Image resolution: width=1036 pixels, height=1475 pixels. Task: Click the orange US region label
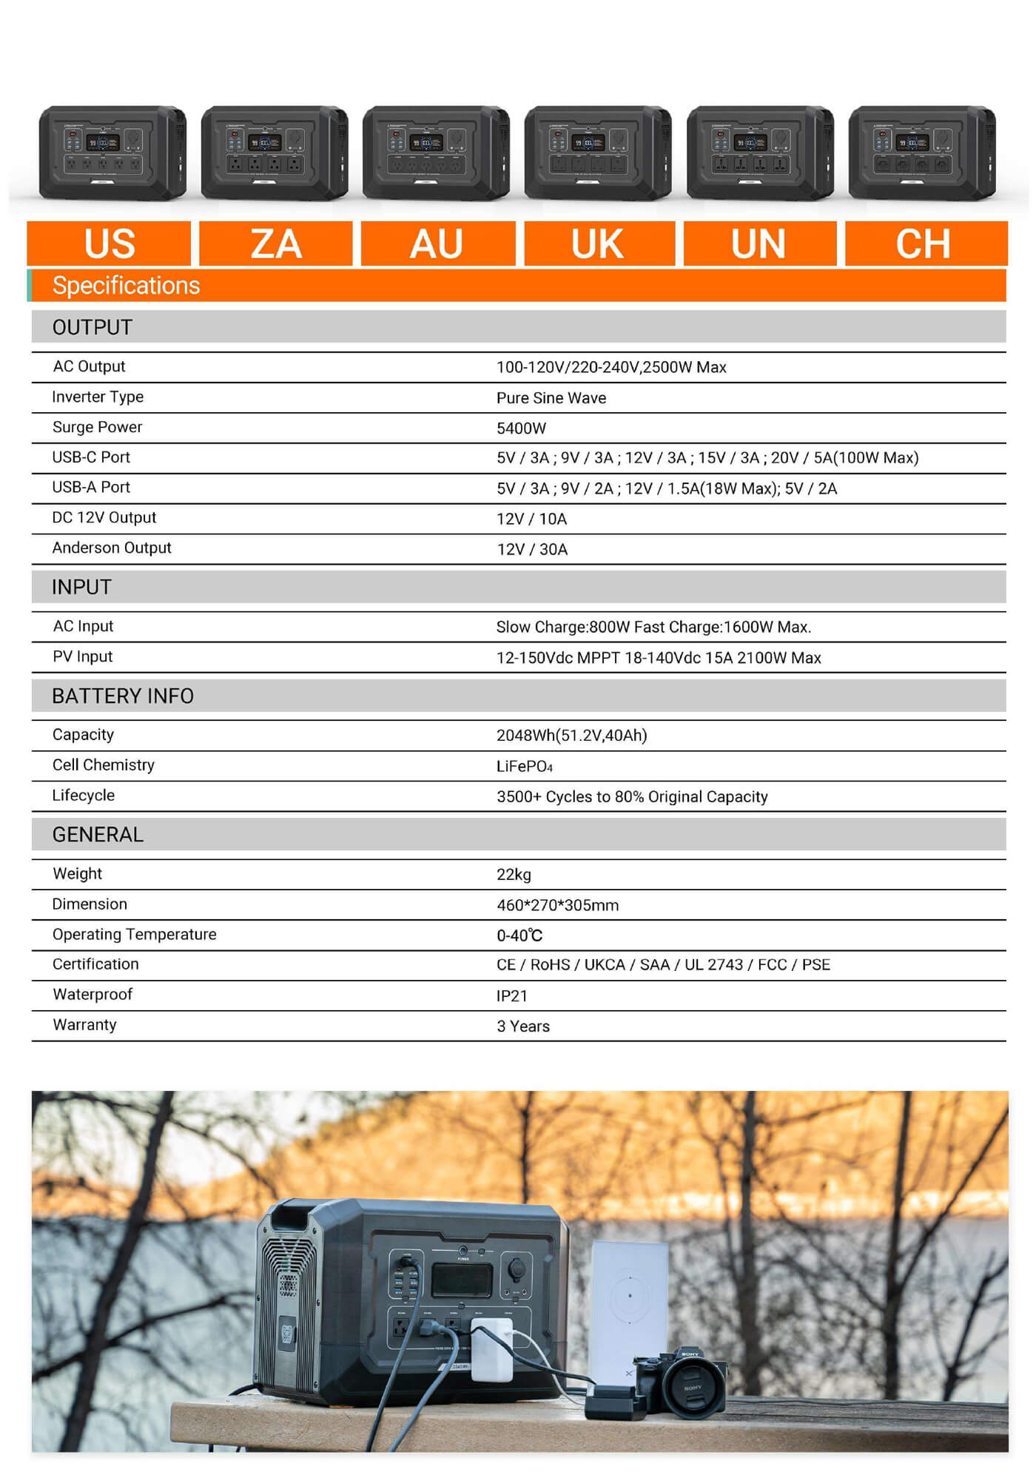tap(109, 243)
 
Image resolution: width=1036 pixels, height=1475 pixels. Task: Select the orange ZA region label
tap(275, 243)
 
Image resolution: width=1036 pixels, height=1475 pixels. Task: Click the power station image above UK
tap(598, 153)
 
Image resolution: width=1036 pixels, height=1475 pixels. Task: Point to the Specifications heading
tap(126, 286)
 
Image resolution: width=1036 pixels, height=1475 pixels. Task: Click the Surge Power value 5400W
tap(521, 429)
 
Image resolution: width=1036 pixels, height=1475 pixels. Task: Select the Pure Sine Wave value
tap(551, 398)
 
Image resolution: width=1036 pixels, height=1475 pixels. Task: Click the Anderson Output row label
tap(112, 548)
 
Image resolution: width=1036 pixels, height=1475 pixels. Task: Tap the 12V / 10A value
tap(531, 519)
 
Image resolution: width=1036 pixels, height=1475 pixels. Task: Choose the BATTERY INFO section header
tap(123, 696)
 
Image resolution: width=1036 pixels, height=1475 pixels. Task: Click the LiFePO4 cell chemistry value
tap(524, 767)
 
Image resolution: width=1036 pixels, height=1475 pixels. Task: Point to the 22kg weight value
tap(514, 875)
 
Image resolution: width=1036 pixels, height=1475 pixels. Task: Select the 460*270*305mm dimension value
tap(557, 905)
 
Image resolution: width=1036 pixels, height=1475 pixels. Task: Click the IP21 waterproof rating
tap(511, 996)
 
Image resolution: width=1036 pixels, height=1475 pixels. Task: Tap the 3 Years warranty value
tap(522, 1027)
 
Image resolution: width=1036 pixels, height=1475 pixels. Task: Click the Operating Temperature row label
tap(134, 935)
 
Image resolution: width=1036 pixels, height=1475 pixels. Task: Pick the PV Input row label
tap(82, 657)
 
